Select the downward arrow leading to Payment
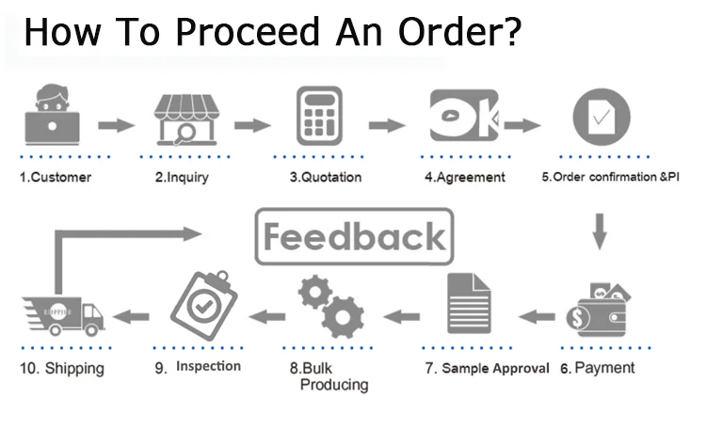[599, 230]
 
